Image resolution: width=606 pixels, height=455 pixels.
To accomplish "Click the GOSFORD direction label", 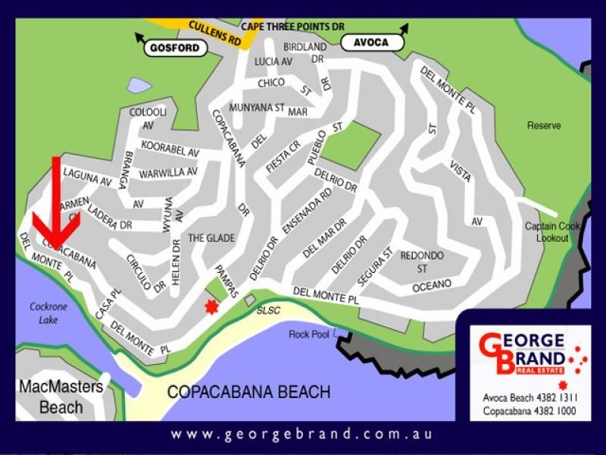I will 175,48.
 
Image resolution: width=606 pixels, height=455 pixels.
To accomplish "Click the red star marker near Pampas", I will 211,306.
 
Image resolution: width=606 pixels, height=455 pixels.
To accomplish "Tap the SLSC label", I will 268,311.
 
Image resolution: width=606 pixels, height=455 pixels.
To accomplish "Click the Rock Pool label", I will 309,334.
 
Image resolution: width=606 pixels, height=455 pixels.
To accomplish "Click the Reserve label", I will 544,126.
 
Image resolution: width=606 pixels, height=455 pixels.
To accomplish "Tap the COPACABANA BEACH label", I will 248,392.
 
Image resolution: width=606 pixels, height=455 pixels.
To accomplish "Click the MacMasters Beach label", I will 61,397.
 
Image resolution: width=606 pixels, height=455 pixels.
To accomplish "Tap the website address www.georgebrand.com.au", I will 301,435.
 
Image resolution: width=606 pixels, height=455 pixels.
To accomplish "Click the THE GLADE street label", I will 211,238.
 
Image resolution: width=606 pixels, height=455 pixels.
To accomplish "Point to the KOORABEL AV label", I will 168,151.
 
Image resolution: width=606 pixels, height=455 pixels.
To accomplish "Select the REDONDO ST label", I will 422,262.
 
